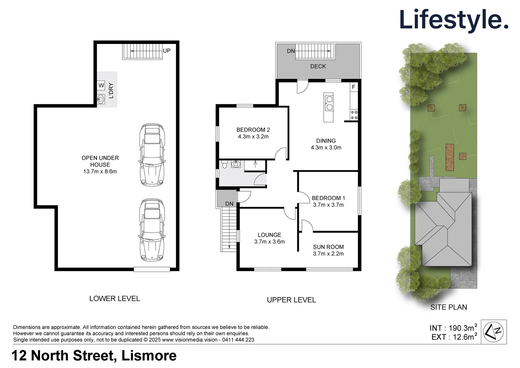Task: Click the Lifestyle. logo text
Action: point(454,20)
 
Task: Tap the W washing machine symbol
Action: point(101,86)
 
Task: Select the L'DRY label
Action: point(111,91)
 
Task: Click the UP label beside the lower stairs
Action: point(167,51)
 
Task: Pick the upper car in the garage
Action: point(152,155)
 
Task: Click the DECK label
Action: point(318,66)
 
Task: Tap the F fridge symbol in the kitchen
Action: point(354,87)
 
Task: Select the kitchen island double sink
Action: point(329,103)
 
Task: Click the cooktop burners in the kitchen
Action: point(354,115)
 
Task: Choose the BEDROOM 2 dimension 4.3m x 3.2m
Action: point(253,137)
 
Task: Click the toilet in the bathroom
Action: point(224,165)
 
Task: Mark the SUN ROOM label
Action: point(328,247)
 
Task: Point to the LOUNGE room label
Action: point(269,235)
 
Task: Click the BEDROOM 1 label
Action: point(328,198)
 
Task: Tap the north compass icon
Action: point(493,332)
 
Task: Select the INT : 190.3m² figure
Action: point(453,328)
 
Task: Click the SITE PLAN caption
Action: point(449,307)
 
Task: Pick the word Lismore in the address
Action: point(149,356)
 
